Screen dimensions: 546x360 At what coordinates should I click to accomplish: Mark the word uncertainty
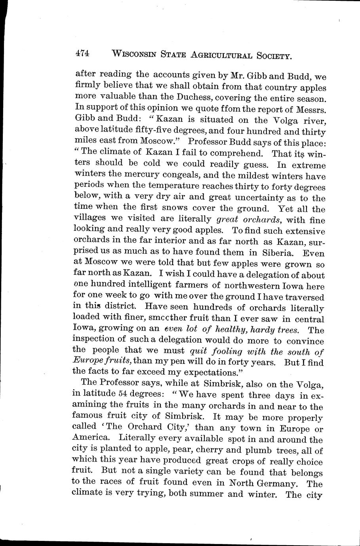(263, 197)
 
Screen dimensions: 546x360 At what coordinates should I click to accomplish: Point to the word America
(90, 439)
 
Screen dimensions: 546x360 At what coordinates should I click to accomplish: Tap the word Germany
(277, 483)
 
